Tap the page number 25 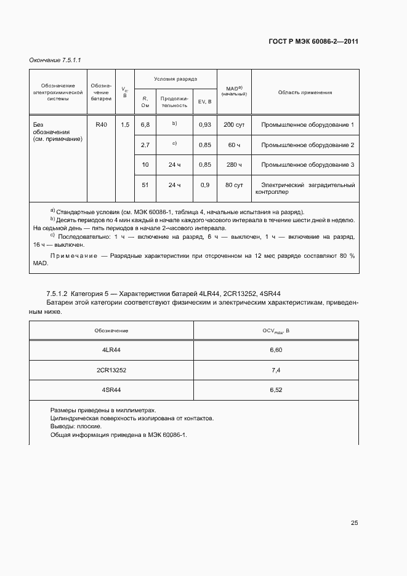pyautogui.click(x=354, y=523)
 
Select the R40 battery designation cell pyautogui.click(x=101, y=125)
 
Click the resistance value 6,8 pyautogui.click(x=145, y=125)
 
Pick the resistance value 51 pyautogui.click(x=145, y=185)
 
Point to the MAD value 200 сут pyautogui.click(x=234, y=125)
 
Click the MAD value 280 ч pyautogui.click(x=234, y=165)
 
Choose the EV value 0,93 pyautogui.click(x=205, y=125)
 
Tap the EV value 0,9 pyautogui.click(x=205, y=185)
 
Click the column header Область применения pyautogui.click(x=305, y=92)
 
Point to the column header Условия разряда pyautogui.click(x=175, y=79)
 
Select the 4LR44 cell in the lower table pyautogui.click(x=111, y=350)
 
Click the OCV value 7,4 pyautogui.click(x=275, y=370)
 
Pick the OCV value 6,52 pyautogui.click(x=275, y=390)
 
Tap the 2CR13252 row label pyautogui.click(x=111, y=370)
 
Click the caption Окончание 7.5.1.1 pyautogui.click(x=55, y=60)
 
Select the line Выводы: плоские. pyautogui.click(x=76, y=426)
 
